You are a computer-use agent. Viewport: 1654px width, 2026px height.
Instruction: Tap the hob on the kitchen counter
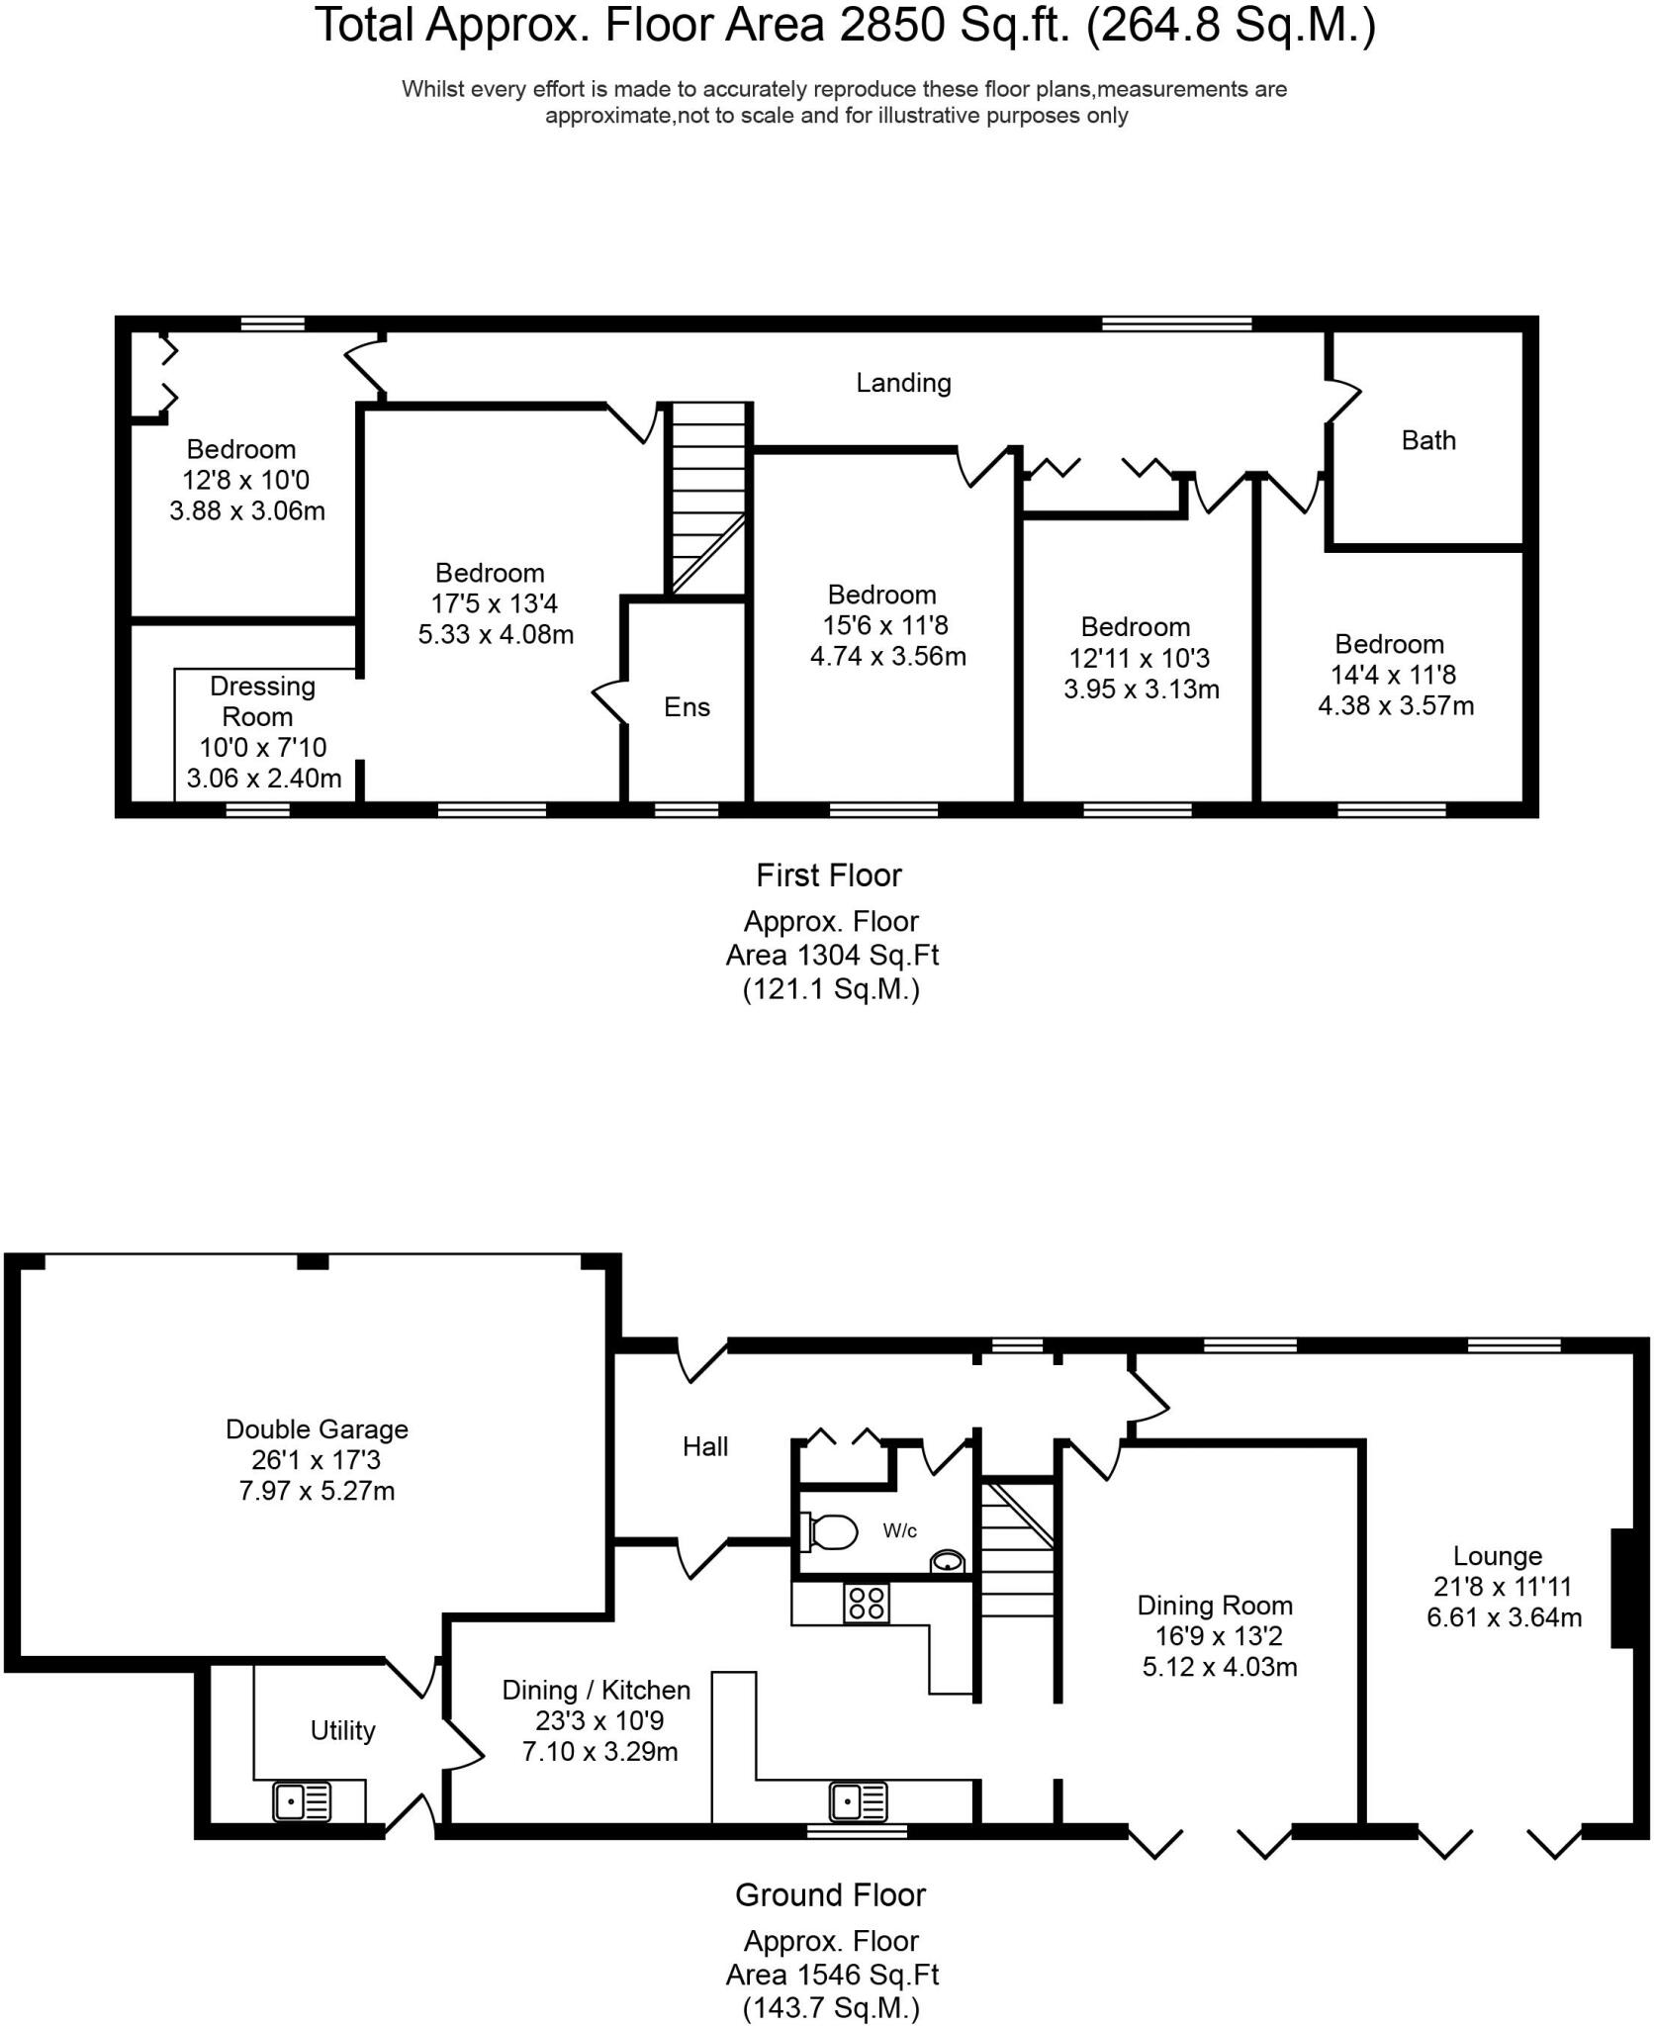coord(867,1603)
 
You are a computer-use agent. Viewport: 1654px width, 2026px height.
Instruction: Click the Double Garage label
coord(317,1428)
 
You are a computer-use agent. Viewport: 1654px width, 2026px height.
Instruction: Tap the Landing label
coord(903,383)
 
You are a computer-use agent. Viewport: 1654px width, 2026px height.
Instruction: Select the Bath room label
coord(1428,440)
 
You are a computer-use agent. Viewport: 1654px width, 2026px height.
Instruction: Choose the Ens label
coord(687,706)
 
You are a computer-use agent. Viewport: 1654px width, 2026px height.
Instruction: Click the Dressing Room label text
coord(262,700)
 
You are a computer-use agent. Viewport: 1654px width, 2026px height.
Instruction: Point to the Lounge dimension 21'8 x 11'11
coord(1503,1587)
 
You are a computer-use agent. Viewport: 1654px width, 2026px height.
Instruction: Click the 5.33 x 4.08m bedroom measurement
coord(496,634)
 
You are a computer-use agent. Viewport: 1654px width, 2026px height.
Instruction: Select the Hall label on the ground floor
coord(705,1447)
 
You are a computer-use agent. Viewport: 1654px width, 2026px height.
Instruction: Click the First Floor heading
coord(829,875)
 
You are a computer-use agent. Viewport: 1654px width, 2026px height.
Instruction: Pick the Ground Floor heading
coord(830,1894)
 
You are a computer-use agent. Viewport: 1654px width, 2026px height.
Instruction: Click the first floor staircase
coord(708,499)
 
